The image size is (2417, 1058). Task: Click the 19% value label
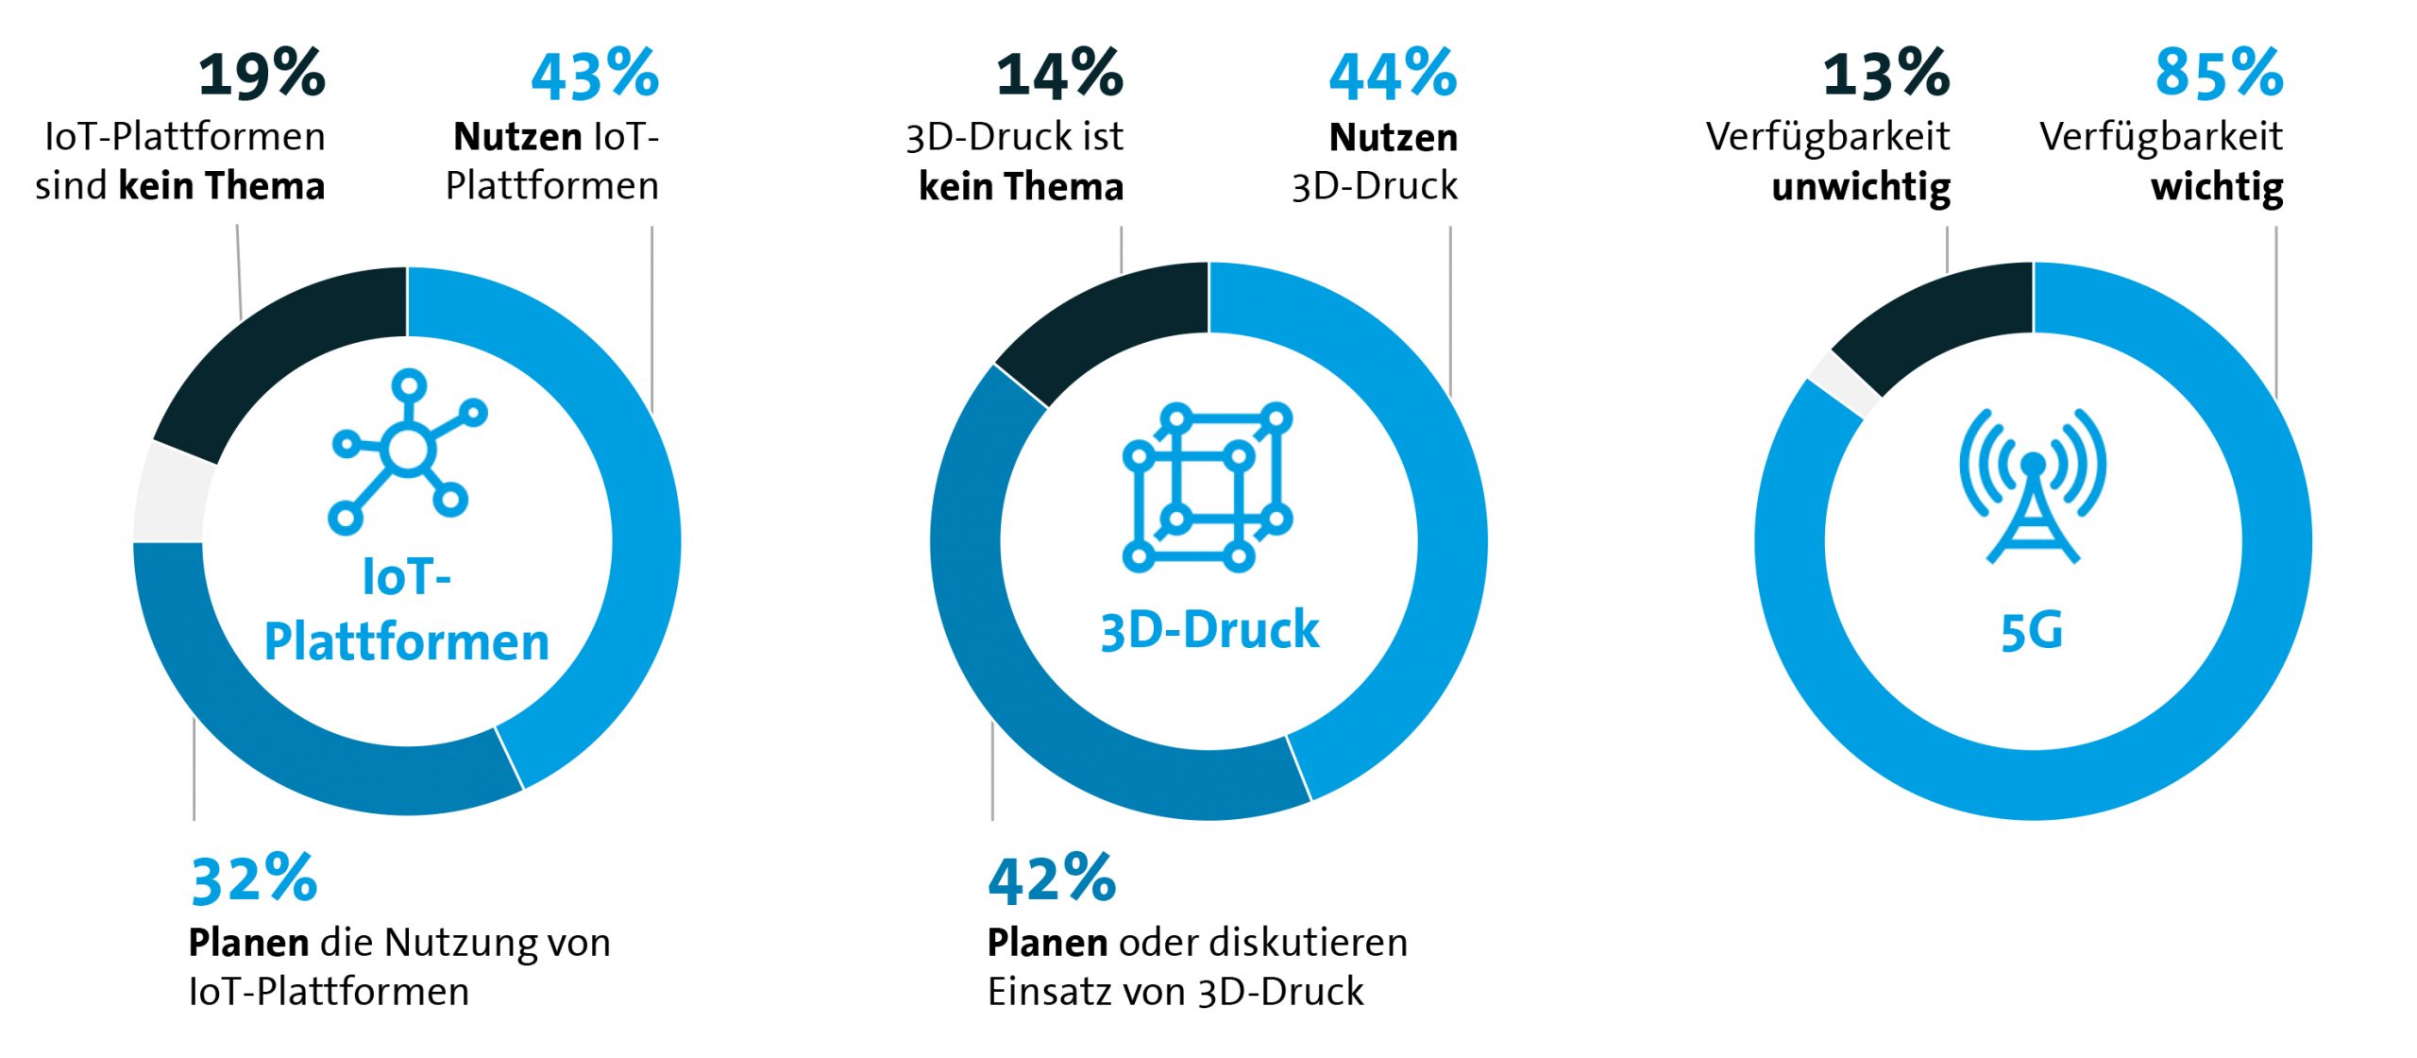click(262, 75)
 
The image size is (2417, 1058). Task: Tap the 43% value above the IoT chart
click(595, 75)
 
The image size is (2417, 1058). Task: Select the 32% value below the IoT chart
click(254, 879)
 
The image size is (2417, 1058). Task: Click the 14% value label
click(1059, 75)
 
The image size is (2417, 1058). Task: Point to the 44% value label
click(1393, 75)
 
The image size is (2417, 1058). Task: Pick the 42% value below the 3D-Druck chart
click(1052, 879)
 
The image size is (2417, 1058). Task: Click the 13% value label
click(1885, 75)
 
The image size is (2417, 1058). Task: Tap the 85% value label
click(2219, 75)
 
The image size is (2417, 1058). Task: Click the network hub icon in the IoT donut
click(408, 452)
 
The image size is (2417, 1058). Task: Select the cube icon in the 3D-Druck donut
click(1208, 487)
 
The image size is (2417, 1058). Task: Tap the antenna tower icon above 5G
click(2033, 486)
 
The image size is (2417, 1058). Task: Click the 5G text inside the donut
click(2032, 632)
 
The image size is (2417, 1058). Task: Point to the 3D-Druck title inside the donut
click(1209, 630)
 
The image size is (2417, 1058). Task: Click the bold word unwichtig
click(1860, 187)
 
